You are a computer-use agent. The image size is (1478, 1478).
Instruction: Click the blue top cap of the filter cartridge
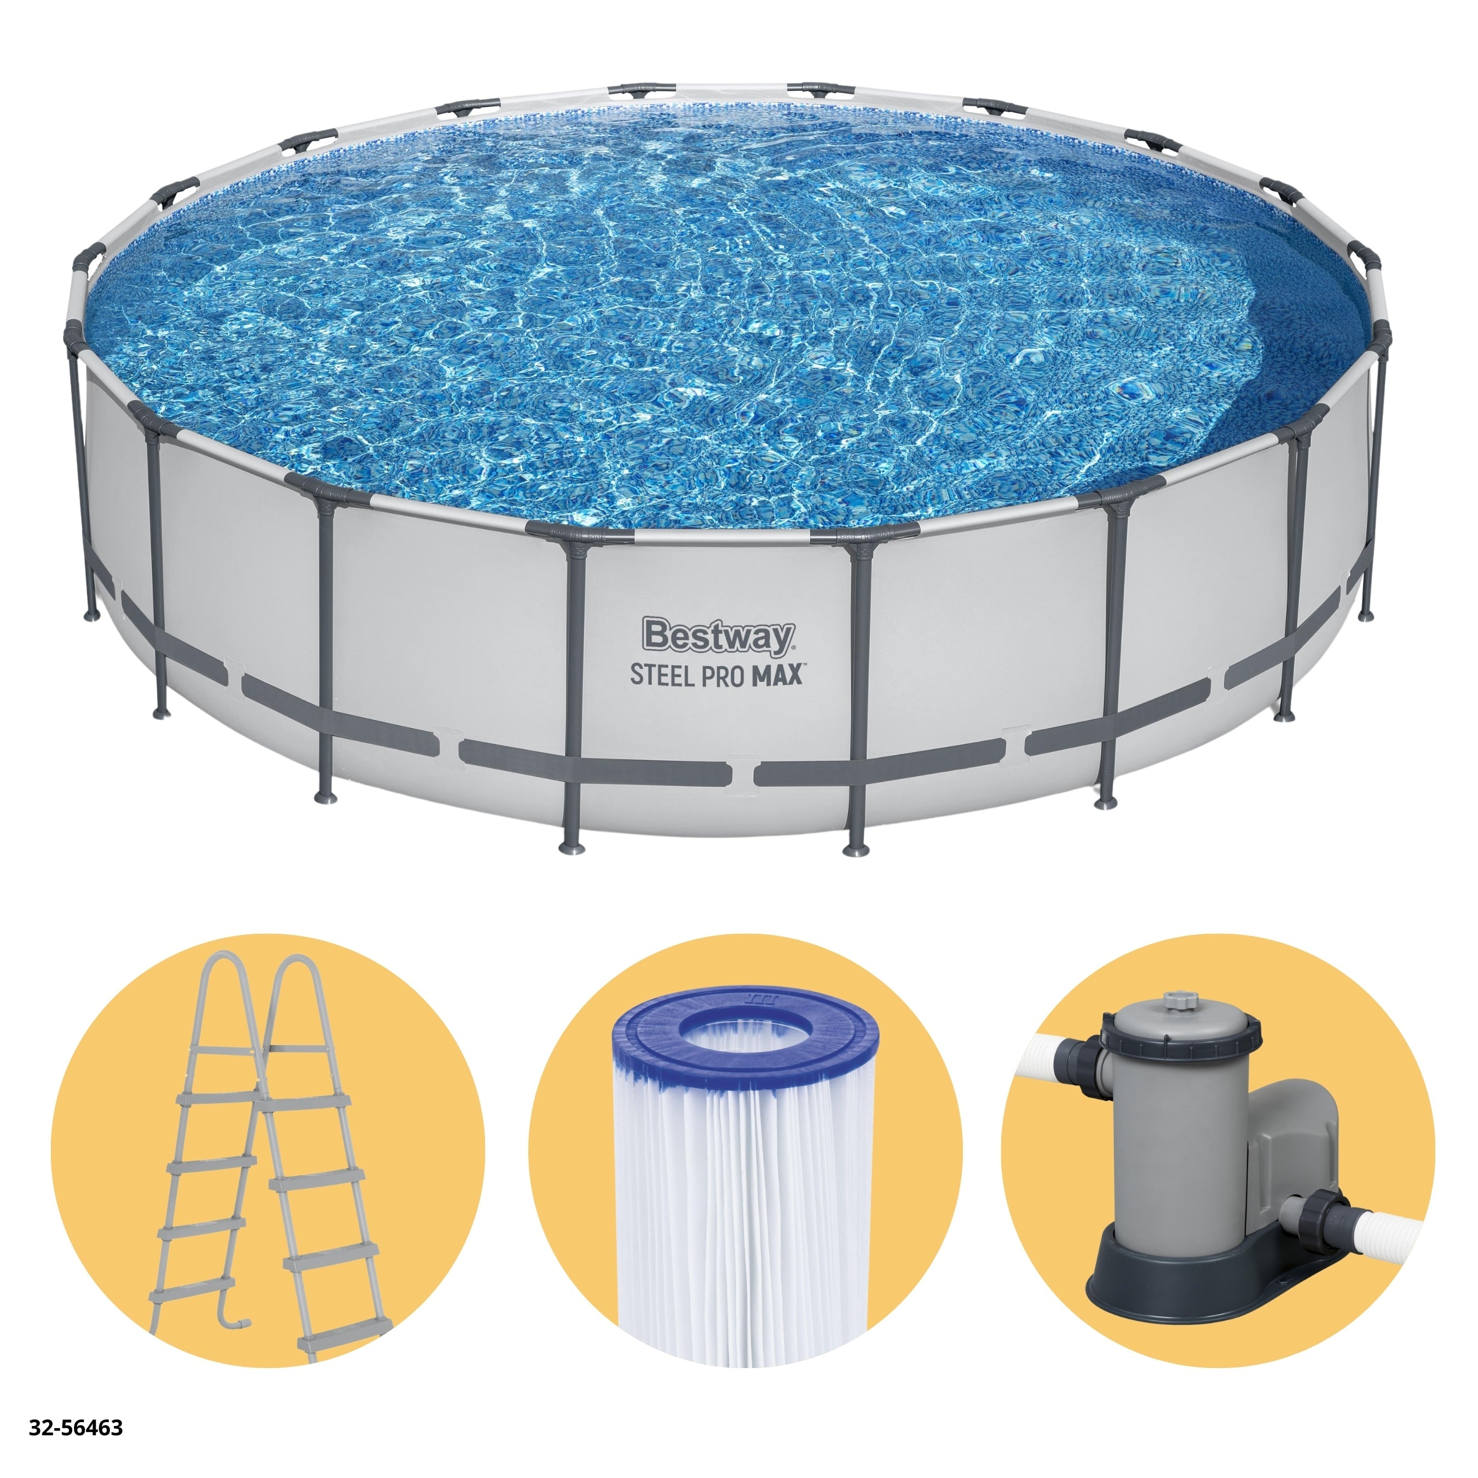(746, 1037)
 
